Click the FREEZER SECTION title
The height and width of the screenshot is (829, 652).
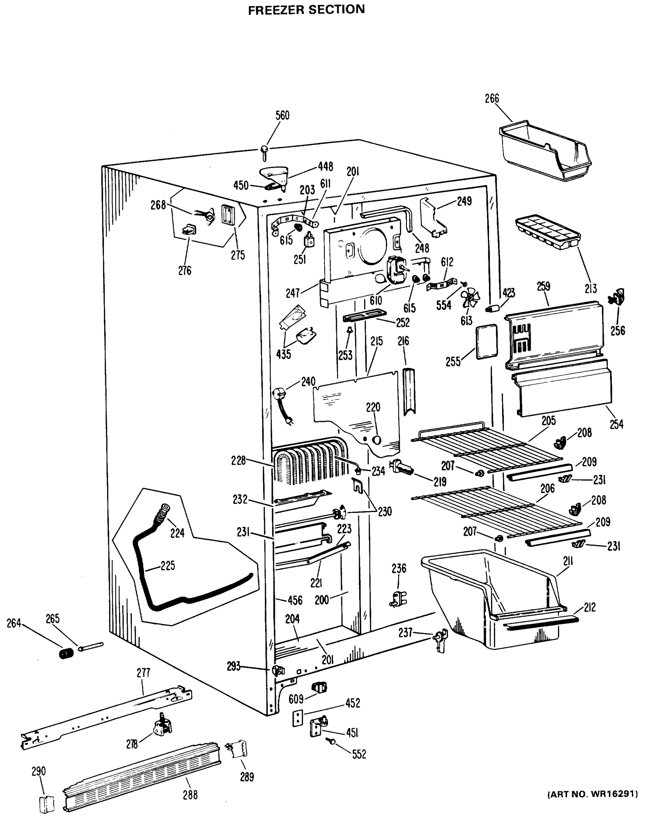[306, 10]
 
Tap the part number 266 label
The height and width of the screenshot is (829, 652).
[492, 98]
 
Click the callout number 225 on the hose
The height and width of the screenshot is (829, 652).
[167, 566]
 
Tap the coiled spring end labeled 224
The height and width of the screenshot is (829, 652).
[163, 512]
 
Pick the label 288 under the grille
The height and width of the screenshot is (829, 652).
[190, 795]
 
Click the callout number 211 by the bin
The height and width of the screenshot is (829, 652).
[568, 561]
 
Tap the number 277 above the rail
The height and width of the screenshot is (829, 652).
[143, 673]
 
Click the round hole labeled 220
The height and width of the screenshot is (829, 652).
[376, 440]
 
